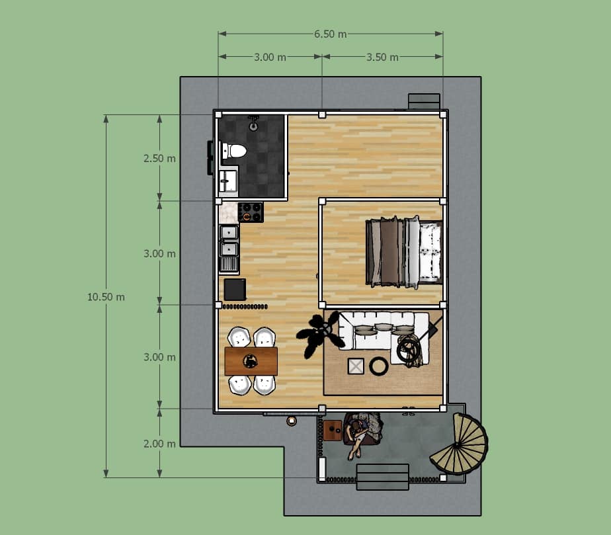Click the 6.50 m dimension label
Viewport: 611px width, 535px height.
point(331,34)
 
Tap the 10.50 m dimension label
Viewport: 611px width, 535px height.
point(106,297)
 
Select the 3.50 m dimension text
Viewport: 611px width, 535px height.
point(382,58)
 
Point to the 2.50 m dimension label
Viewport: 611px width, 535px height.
point(159,159)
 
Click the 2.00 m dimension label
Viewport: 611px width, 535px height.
point(159,444)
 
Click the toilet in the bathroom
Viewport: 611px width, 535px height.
point(234,151)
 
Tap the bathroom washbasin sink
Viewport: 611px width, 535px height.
point(228,181)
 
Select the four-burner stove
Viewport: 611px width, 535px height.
point(251,212)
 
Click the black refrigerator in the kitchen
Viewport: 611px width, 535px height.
point(235,289)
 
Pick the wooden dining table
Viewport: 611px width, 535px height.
point(251,361)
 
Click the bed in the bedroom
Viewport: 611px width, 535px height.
point(404,252)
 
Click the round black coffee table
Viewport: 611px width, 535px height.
point(379,366)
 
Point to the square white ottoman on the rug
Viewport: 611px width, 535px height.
point(356,366)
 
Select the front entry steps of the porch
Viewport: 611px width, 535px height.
point(383,477)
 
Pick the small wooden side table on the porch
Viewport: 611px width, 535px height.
point(333,431)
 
